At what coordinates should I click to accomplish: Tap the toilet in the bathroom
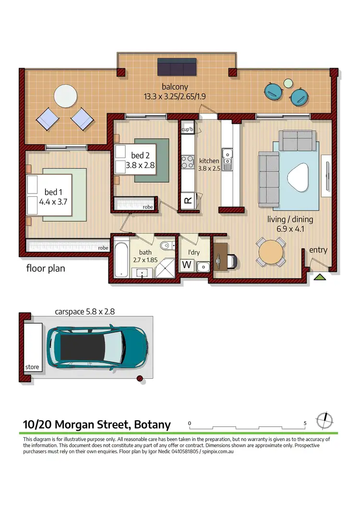165,244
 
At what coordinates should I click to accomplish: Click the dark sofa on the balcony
177,67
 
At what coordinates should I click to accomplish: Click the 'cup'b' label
187,129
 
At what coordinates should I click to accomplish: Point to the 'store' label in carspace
32,367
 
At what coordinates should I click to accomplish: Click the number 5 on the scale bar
305,423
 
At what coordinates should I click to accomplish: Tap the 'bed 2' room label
141,155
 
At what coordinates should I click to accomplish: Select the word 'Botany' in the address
150,424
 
